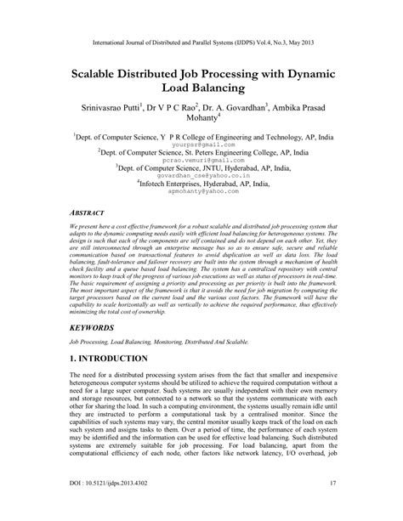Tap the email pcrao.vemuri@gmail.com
[x=201, y=160]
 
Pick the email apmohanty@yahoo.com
[x=201, y=192]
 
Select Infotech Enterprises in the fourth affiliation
[x=167, y=184]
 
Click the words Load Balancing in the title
[x=201, y=88]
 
